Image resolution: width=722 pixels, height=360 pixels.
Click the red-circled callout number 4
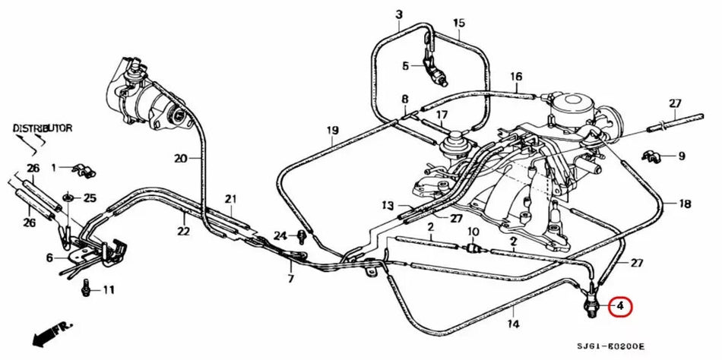pos(620,306)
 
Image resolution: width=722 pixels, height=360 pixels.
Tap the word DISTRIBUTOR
pos(43,128)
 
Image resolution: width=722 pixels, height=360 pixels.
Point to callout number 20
pos(179,159)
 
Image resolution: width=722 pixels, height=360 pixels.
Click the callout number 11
pos(109,289)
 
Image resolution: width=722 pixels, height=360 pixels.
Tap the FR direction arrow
pos(51,333)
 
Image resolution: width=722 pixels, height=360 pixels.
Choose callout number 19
pos(332,131)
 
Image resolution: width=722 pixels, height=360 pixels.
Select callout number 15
pos(458,24)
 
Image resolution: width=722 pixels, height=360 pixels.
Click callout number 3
pos(399,14)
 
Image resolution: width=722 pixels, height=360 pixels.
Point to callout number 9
pos(681,156)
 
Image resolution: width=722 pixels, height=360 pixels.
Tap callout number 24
pos(280,235)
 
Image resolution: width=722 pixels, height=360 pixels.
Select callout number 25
pos(90,198)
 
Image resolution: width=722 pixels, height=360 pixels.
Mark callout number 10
pos(472,231)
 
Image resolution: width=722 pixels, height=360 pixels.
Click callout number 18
pos(684,204)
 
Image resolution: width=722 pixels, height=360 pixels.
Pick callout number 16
pos(516,77)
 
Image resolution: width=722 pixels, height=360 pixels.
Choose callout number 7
pos(290,279)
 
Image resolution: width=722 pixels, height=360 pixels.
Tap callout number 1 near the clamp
pos(55,166)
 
